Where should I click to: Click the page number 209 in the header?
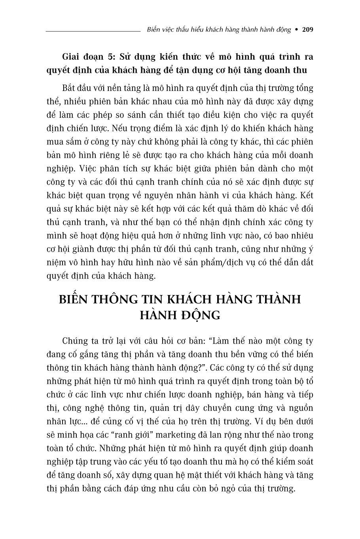307,30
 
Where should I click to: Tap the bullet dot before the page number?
297,30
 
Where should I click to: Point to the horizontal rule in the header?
93,30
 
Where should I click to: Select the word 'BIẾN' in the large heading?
76,299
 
